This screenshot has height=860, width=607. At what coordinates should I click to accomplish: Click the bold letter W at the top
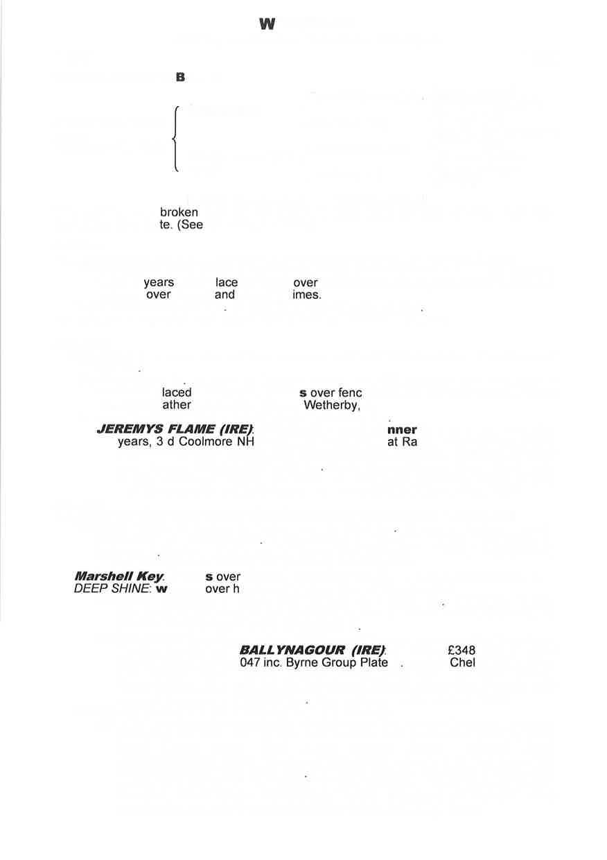point(267,25)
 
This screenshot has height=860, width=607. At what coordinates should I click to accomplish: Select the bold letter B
point(181,78)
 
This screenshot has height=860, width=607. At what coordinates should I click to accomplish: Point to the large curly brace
point(176,139)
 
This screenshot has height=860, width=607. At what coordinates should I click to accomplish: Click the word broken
point(179,212)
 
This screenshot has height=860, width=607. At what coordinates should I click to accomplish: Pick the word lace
point(227,282)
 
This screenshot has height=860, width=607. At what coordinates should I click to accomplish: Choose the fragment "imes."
point(306,295)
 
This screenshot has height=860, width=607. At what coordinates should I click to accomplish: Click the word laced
point(177,393)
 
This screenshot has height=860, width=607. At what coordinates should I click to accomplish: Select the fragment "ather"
point(177,405)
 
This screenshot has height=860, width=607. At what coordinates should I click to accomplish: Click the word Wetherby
point(331,405)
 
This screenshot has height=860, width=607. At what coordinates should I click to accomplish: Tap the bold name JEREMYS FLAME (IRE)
point(175,429)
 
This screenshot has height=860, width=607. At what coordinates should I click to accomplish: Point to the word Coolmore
point(204,442)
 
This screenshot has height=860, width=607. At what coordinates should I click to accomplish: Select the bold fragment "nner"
point(402,429)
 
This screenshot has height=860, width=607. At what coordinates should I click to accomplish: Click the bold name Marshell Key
point(118,576)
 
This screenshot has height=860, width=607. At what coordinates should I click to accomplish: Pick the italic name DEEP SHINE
point(112,589)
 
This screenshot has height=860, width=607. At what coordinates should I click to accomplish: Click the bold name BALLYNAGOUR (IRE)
point(312,650)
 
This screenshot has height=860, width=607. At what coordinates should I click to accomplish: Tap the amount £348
point(461,650)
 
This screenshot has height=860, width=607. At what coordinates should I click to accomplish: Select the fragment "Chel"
point(462,662)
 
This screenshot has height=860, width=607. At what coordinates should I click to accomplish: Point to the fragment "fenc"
point(350,393)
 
